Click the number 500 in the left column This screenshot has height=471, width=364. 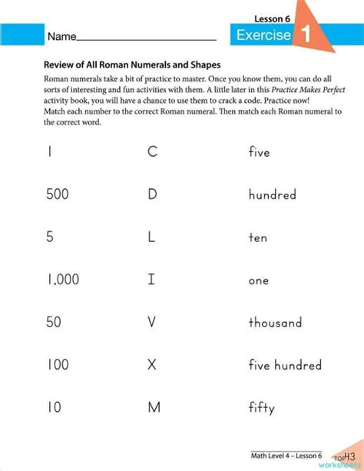click(x=58, y=194)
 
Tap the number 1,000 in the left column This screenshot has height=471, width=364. click(x=63, y=280)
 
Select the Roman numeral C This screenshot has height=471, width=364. click(x=152, y=152)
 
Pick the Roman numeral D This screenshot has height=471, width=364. click(x=152, y=194)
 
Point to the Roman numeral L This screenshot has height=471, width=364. click(x=151, y=237)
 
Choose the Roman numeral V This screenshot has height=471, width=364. click(x=152, y=323)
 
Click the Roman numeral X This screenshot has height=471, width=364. click(x=152, y=365)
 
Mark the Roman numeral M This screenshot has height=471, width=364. click(x=154, y=407)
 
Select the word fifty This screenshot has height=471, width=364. click(x=261, y=408)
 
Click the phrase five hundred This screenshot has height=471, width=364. click(x=285, y=365)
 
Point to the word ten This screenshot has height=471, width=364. click(x=258, y=237)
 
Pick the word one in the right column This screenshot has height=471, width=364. click(x=259, y=280)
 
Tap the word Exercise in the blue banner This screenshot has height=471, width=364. click(x=263, y=35)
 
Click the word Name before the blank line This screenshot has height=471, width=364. click(x=62, y=37)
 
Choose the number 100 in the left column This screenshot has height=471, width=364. click(x=58, y=365)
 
